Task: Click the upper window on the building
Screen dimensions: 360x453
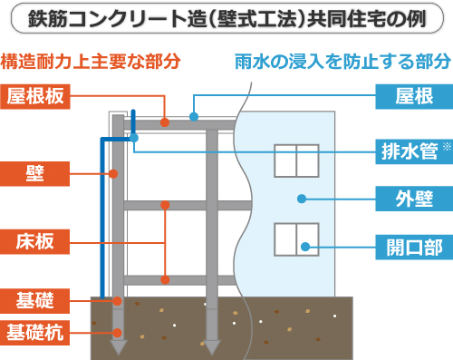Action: click(295, 159)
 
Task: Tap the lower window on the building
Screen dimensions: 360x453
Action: click(295, 240)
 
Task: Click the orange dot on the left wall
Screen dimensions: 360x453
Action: click(115, 172)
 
